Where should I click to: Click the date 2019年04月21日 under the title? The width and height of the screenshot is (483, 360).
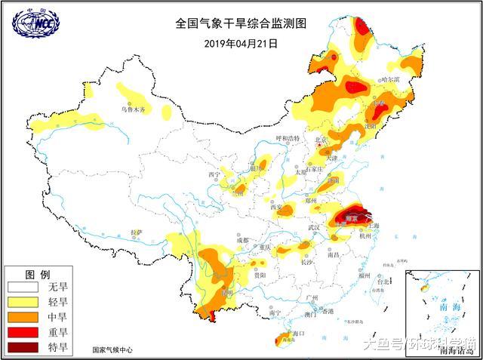point(241,44)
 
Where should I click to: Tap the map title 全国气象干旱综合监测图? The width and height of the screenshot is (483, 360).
point(241,24)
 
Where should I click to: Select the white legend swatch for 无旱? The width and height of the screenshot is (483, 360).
point(23,287)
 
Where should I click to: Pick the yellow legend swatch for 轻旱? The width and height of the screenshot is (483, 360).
point(23,302)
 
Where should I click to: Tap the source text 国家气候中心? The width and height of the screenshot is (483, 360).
point(112,350)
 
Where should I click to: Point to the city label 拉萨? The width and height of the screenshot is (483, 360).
point(137,232)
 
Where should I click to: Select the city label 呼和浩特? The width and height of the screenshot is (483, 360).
point(288,139)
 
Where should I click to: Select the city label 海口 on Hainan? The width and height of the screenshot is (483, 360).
point(297,333)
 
